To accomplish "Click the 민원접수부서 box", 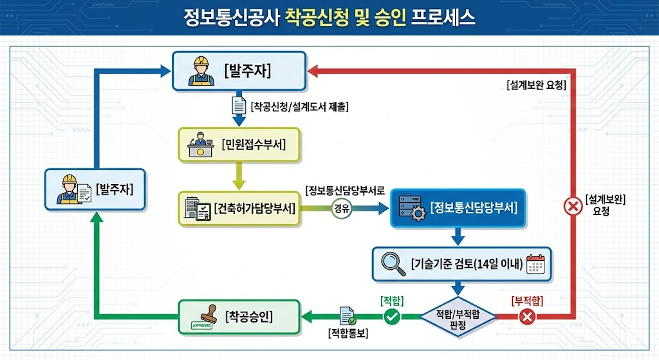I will (239, 144).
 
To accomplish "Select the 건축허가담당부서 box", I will (239, 208).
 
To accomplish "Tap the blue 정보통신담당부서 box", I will (458, 209).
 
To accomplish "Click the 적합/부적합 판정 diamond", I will (458, 317).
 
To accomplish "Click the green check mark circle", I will (392, 316).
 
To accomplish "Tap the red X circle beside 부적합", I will (527, 316).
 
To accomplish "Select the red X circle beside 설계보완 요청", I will (571, 207).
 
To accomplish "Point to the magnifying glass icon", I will (393, 263).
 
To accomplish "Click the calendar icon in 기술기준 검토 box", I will (535, 264).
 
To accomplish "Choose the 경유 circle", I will (342, 209).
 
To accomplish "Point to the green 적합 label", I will (393, 300).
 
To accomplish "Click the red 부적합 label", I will (527, 300).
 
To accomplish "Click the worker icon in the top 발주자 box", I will (201, 71).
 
